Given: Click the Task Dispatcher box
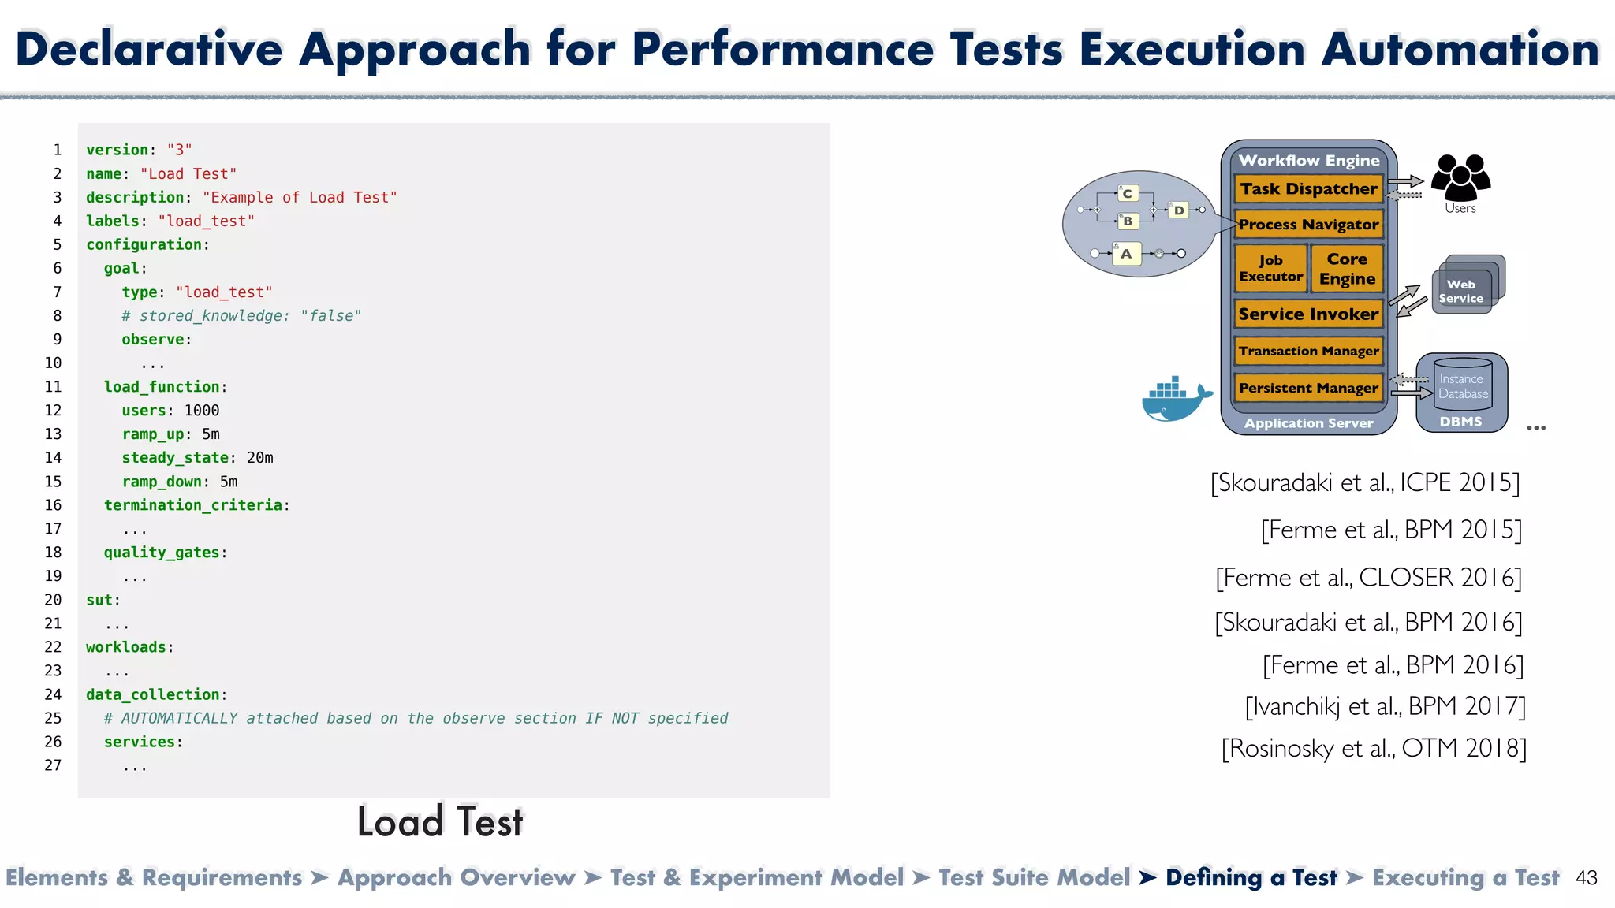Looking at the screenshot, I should [x=1308, y=189].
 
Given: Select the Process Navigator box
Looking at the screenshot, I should [x=1308, y=225].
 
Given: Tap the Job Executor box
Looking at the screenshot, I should [x=1270, y=269].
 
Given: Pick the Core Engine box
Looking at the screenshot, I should [x=1347, y=269].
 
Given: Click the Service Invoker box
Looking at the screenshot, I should [x=1308, y=314].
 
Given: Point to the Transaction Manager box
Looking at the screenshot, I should [x=1308, y=352].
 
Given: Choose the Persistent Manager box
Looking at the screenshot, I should [x=1308, y=388].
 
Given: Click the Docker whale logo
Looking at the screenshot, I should [x=1176, y=399].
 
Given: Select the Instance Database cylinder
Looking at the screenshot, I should [x=1463, y=384].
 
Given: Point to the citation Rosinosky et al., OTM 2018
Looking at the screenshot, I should [x=1374, y=748].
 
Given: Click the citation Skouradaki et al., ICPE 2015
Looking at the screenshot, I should [x=1365, y=482].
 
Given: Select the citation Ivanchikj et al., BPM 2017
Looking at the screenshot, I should [x=1385, y=706].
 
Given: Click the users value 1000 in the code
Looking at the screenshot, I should [x=202, y=411].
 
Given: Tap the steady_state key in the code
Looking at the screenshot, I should [x=175, y=458].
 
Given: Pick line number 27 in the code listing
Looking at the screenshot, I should [x=53, y=765].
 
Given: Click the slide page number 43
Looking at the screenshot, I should [x=1586, y=878].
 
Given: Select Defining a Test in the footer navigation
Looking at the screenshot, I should [x=1251, y=878].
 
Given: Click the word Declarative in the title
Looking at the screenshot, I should [x=149, y=49].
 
